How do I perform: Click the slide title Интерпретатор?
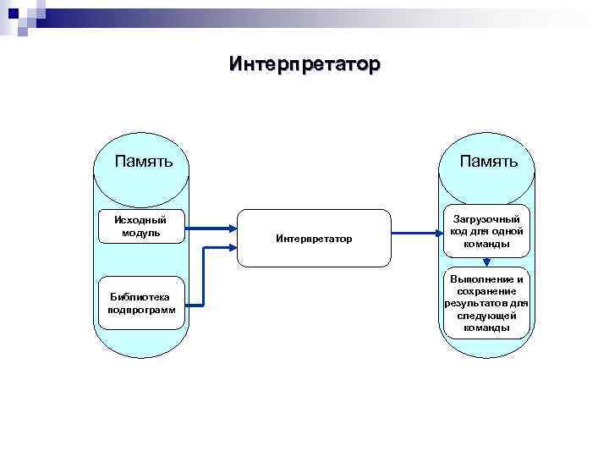coord(304,64)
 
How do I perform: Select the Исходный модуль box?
coord(140,226)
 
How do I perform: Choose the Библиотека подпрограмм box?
coord(141,303)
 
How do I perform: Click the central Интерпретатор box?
coord(314,240)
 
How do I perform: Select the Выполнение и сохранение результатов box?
coord(486,303)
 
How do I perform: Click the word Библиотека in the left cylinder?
coord(140,296)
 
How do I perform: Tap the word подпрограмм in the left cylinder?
coord(141,310)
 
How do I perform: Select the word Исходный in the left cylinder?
coord(140,220)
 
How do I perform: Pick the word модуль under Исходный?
coord(140,233)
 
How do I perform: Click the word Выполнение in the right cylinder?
coord(486,279)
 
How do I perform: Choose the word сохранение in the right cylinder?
coord(486,291)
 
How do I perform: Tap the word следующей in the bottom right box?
coord(486,316)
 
